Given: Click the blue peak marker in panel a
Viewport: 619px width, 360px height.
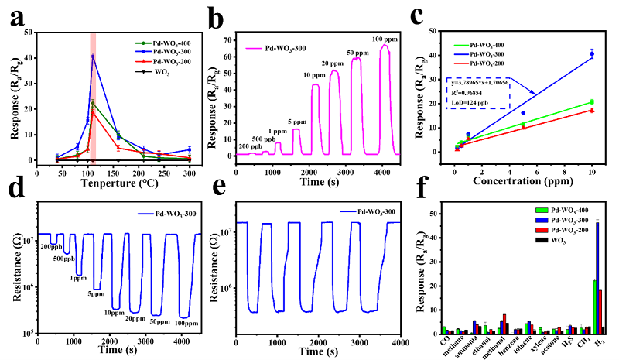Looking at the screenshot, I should pyautogui.click(x=93, y=56).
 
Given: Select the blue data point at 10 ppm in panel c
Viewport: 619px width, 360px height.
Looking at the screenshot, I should pyautogui.click(x=592, y=53).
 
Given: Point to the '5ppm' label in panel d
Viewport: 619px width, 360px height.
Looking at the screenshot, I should pyautogui.click(x=95, y=293).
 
